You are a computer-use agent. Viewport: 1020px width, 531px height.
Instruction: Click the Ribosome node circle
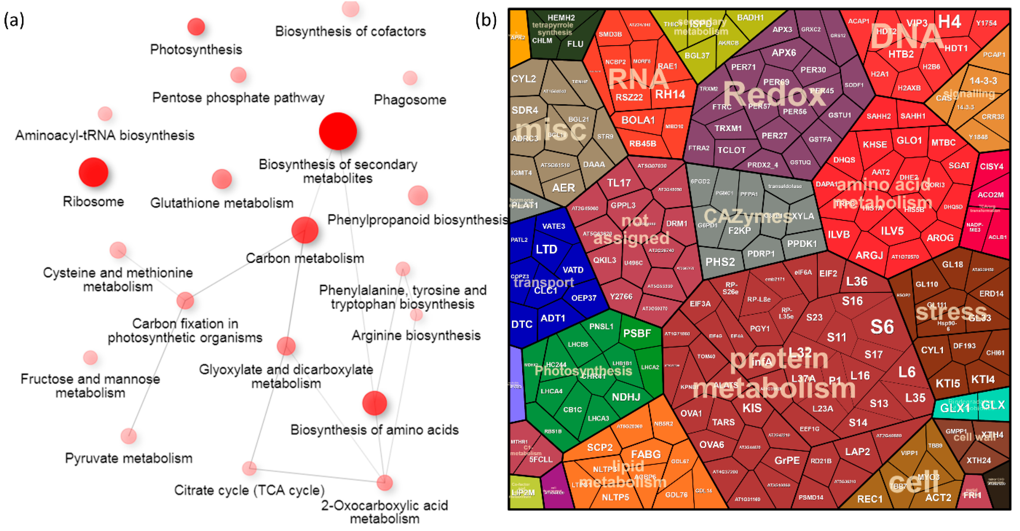93,172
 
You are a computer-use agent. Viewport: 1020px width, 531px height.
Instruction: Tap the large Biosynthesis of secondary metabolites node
338,131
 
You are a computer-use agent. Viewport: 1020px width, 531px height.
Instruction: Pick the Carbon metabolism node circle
305,230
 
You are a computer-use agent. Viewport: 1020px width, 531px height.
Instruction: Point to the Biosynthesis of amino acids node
374,403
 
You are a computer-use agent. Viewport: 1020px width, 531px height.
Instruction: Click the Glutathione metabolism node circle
222,179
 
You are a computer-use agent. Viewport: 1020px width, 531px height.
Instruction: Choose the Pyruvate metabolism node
129,436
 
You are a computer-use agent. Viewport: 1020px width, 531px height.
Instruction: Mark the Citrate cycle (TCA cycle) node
249,468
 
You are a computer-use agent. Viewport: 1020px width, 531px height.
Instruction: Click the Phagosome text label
410,100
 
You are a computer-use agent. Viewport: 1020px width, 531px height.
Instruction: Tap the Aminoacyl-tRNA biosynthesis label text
105,135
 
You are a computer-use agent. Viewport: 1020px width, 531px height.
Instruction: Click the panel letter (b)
486,20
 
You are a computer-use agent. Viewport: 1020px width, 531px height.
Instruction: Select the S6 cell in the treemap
882,327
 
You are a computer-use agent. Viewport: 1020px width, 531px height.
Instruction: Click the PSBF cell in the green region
637,333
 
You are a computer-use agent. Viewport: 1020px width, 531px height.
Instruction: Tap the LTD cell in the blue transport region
547,249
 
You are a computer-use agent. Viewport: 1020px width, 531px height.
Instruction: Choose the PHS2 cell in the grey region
720,262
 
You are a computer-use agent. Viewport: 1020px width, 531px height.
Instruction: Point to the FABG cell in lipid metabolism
646,454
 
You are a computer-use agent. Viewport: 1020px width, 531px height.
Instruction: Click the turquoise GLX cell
993,405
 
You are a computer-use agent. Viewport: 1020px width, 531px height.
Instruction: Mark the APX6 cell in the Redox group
784,53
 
